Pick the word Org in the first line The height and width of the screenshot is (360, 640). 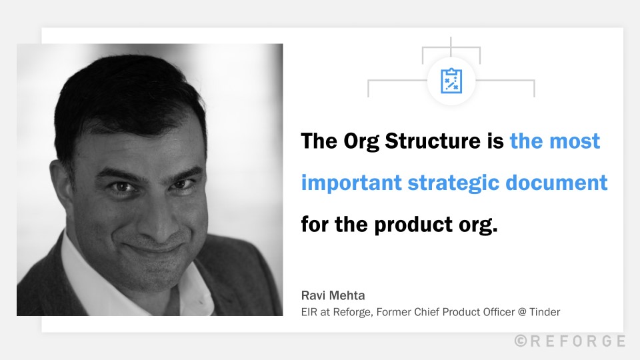click(361, 141)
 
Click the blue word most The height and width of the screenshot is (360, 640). click(576, 141)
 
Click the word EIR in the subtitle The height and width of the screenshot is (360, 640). click(309, 311)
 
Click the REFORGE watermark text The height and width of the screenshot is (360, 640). click(577, 341)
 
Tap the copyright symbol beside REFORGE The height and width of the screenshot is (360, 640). click(521, 341)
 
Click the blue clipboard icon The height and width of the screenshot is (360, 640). click(451, 81)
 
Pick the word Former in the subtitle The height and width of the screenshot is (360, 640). click(390, 311)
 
